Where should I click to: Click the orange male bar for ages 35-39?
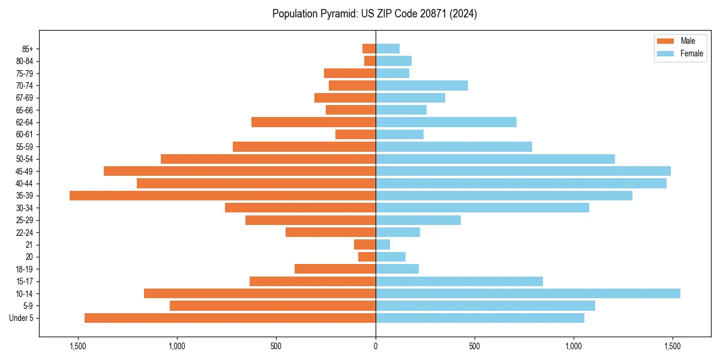pyautogui.click(x=223, y=196)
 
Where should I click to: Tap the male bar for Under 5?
pyautogui.click(x=230, y=318)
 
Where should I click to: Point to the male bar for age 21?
pyautogui.click(x=365, y=244)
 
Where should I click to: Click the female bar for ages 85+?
pyautogui.click(x=388, y=49)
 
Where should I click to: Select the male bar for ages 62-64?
pyautogui.click(x=313, y=122)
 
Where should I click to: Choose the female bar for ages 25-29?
pyautogui.click(x=418, y=220)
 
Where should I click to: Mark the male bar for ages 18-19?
pyautogui.click(x=335, y=269)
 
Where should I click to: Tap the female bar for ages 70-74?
pyautogui.click(x=422, y=85)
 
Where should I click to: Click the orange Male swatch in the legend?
pyautogui.click(x=666, y=41)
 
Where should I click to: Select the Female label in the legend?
pyautogui.click(x=692, y=53)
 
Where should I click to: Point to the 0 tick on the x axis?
pyautogui.click(x=376, y=346)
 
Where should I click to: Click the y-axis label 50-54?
pyautogui.click(x=25, y=159)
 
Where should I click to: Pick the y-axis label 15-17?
pyautogui.click(x=25, y=281)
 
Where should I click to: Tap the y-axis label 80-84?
pyautogui.click(x=25, y=61)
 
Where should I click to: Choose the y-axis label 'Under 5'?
pyautogui.click(x=22, y=318)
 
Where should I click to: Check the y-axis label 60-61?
pyautogui.click(x=25, y=134)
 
